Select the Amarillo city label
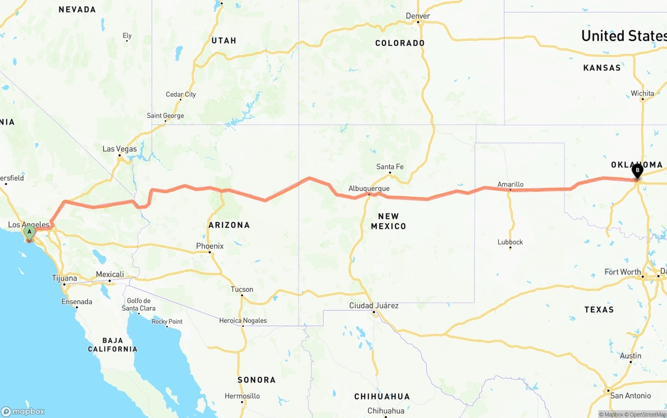[510, 184]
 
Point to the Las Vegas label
[119, 149]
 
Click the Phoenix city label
[209, 246]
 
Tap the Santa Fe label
[390, 167]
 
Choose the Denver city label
[418, 16]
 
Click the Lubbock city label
[510, 242]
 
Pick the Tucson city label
[242, 289]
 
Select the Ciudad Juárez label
[374, 306]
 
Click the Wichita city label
[642, 94]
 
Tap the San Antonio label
[630, 396]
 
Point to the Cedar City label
[181, 95]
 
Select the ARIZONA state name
[229, 225]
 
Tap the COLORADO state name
[400, 43]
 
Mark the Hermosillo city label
[243, 396]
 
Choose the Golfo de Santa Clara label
[139, 305]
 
